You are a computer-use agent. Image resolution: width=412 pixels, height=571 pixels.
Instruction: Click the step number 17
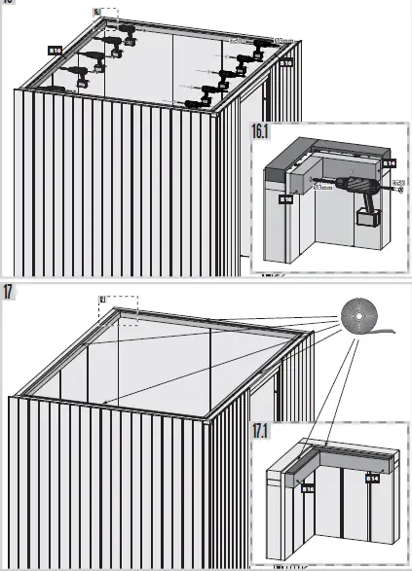coord(8,292)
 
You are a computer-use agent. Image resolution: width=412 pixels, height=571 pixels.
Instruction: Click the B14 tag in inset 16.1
coord(388,166)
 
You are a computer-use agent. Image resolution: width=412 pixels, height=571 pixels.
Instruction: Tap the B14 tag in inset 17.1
coord(371,479)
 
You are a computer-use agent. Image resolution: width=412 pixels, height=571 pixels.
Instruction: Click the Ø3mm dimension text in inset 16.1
coord(321,188)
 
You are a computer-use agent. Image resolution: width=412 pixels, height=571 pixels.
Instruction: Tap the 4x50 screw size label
coord(397,181)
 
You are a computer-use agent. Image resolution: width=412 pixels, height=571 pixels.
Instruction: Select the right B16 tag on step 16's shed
coord(286,63)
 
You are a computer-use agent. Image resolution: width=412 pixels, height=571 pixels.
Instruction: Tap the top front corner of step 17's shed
coord(208,421)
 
